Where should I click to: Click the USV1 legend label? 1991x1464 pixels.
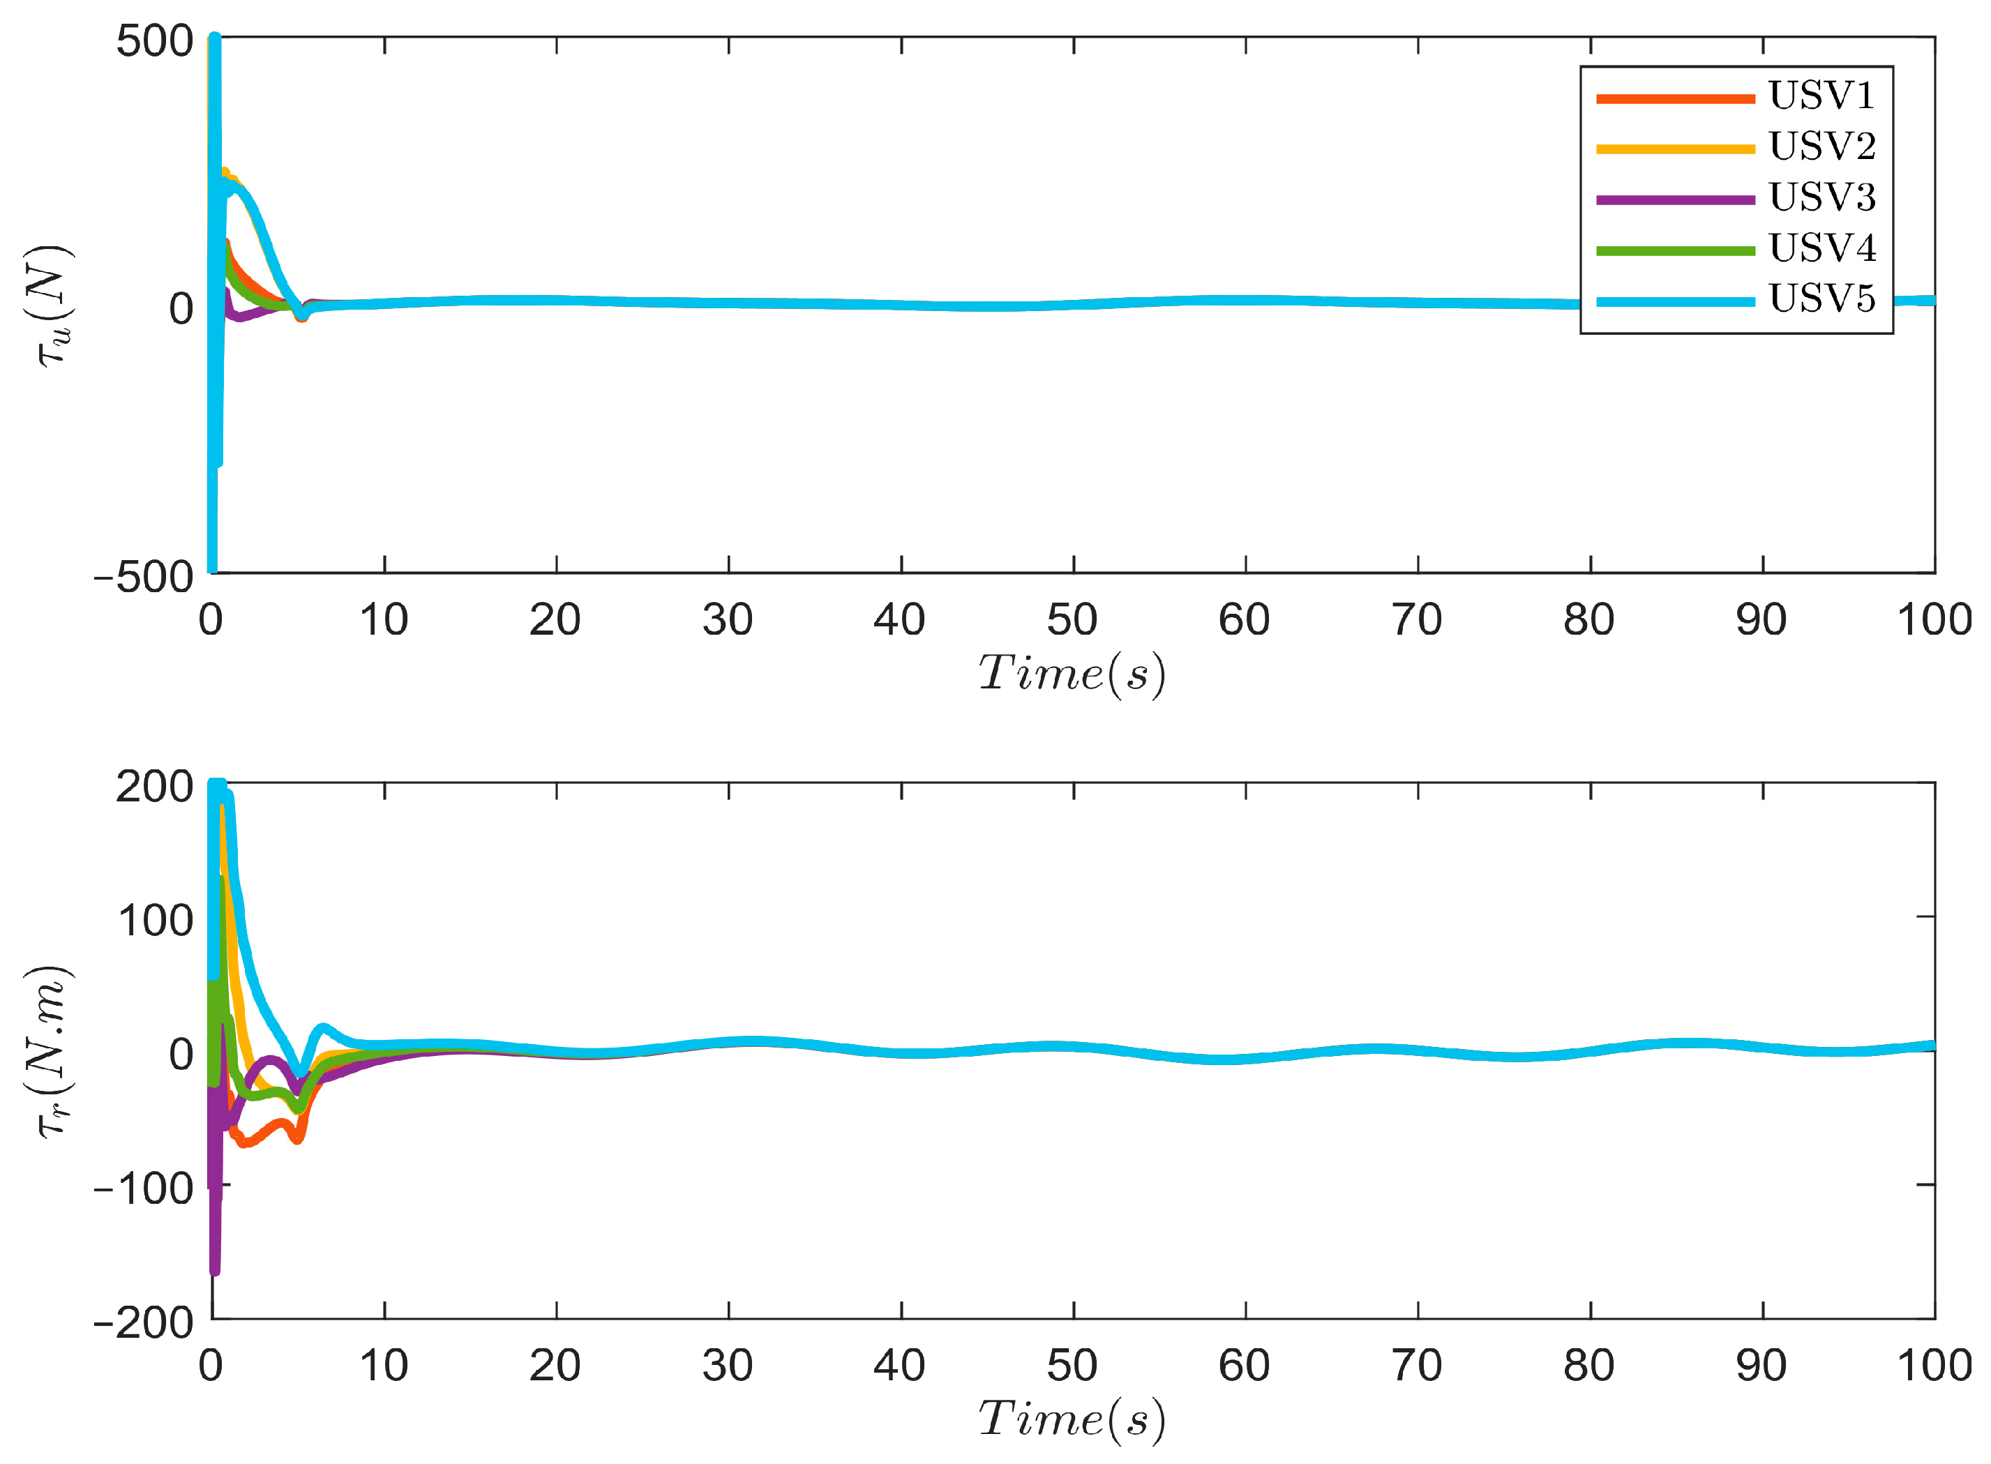click(1821, 96)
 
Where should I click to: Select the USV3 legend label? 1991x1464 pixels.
click(1821, 197)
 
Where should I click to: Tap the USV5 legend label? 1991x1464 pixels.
click(1821, 299)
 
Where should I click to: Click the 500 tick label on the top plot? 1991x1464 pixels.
click(154, 42)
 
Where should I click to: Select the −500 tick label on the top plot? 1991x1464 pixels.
click(143, 577)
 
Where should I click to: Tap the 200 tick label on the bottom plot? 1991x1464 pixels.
click(154, 787)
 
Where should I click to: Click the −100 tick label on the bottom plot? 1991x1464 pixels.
click(143, 1188)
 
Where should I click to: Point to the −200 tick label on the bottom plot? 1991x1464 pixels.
click(143, 1323)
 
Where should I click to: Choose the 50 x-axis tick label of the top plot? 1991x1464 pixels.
click(1072, 619)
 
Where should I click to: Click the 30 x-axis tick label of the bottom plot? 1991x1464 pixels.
click(727, 1366)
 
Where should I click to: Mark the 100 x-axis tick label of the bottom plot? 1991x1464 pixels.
click(1933, 1366)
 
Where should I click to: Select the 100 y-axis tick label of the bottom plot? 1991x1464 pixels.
click(154, 921)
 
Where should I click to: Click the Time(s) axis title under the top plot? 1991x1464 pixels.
click(1072, 674)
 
